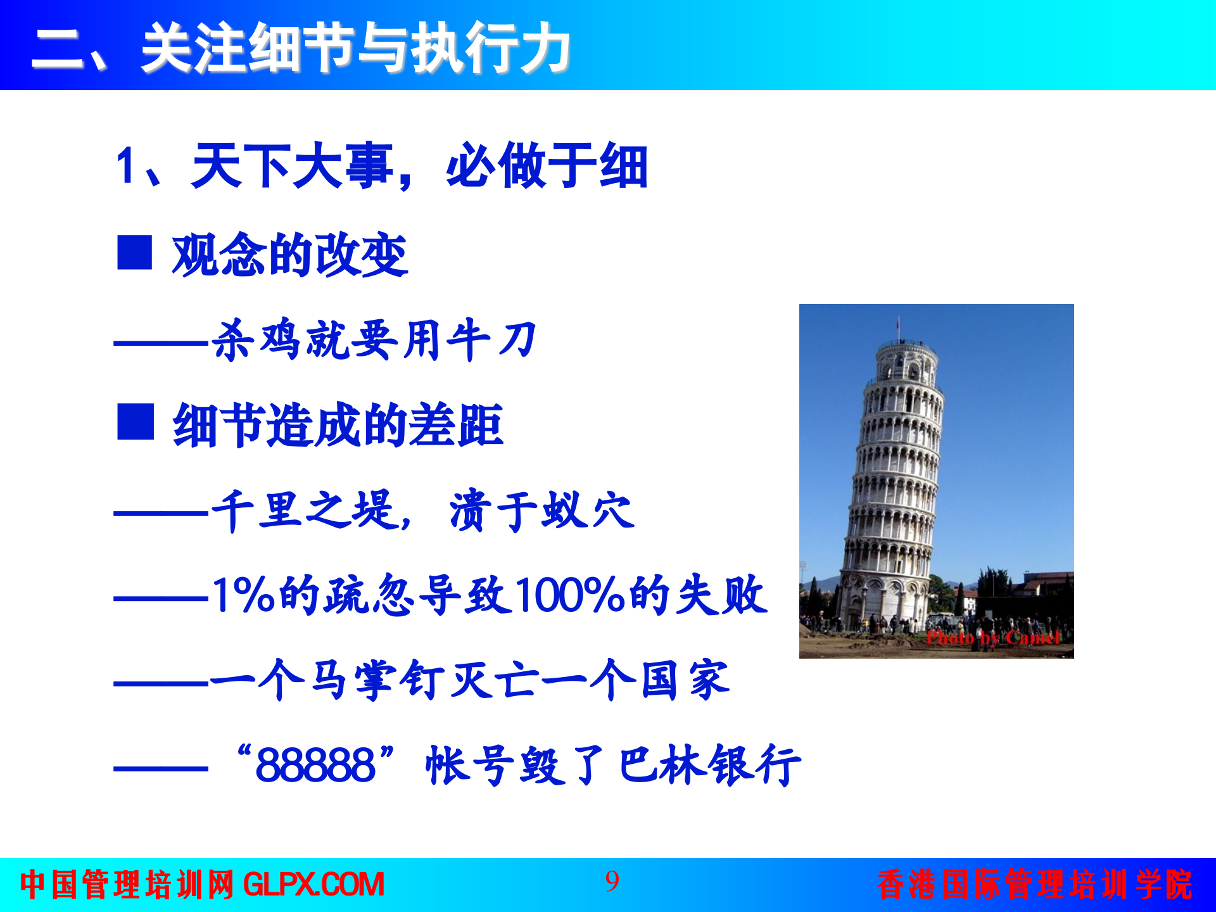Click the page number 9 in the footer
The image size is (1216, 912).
tap(612, 882)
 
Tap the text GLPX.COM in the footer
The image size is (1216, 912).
tap(313, 885)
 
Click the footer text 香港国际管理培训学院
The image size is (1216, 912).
tap(1035, 885)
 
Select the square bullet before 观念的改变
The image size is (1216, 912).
tap(134, 253)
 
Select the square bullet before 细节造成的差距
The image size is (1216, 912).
tap(136, 422)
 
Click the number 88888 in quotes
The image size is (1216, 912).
tap(315, 765)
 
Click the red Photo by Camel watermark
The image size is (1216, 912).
tap(992, 638)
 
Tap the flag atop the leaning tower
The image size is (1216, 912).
tap(898, 324)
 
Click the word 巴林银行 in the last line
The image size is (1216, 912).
tap(709, 765)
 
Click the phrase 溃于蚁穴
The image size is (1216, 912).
tap(541, 510)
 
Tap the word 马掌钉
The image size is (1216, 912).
tap(374, 680)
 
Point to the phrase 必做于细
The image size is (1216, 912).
tap(547, 166)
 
